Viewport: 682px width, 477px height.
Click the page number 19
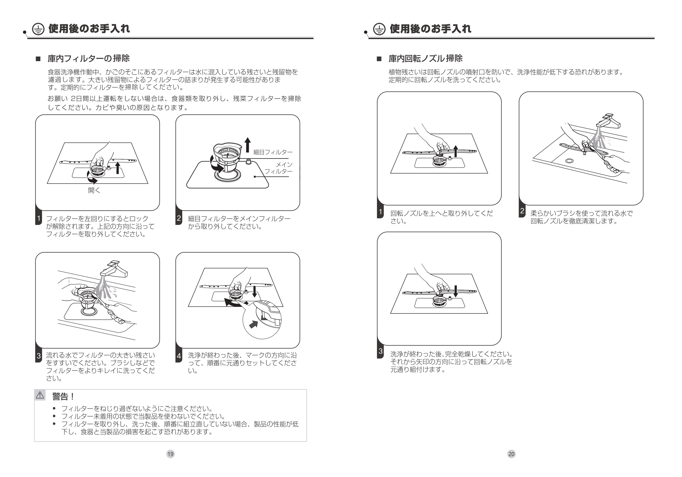[x=170, y=454]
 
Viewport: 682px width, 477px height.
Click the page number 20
[x=511, y=454]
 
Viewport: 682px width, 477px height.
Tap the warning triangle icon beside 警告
[x=40, y=395]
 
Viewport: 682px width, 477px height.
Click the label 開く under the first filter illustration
[x=94, y=191]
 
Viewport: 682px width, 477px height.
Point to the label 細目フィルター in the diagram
[x=273, y=152]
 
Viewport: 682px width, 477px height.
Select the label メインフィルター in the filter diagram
[x=279, y=168]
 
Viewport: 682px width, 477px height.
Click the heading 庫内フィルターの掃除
[x=89, y=58]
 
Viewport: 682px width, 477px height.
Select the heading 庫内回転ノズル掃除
[x=425, y=58]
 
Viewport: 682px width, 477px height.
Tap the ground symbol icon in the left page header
[x=38, y=29]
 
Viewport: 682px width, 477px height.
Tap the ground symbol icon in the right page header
[x=379, y=29]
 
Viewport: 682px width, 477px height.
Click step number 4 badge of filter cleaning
[x=179, y=356]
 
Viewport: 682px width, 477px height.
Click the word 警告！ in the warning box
[x=63, y=396]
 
